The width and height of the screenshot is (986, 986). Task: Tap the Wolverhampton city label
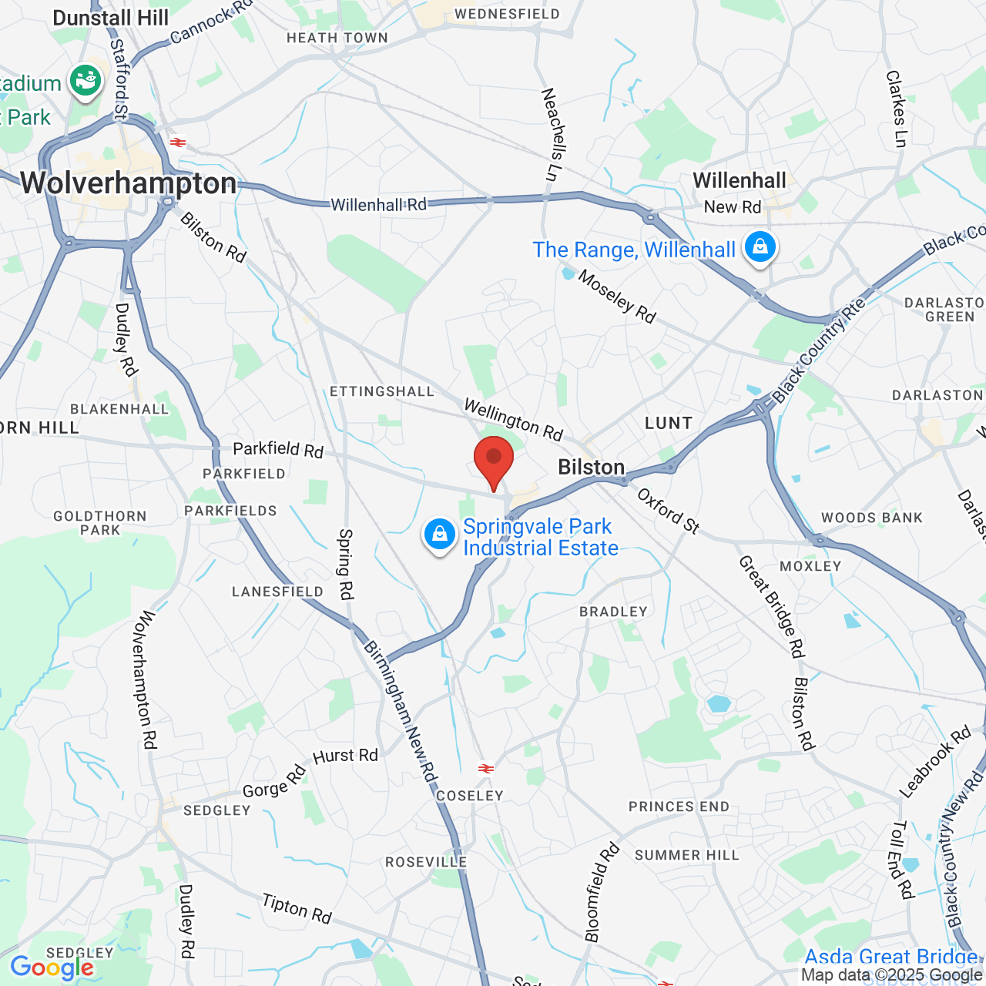click(x=128, y=183)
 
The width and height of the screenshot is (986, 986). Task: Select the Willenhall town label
click(x=739, y=180)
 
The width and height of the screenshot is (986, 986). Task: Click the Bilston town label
click(x=591, y=467)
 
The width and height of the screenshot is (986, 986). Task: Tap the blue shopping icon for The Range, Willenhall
click(x=760, y=247)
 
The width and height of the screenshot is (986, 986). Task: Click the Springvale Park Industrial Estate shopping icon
click(x=439, y=533)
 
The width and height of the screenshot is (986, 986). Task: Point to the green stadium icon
click(x=86, y=81)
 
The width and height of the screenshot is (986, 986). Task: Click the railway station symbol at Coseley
click(x=485, y=768)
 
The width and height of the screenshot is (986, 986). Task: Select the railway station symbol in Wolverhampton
click(x=178, y=143)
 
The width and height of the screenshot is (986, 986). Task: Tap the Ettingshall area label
click(x=382, y=391)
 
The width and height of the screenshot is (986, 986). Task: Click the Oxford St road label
click(x=668, y=511)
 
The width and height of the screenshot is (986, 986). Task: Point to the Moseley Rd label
click(x=617, y=297)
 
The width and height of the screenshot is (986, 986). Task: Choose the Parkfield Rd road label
click(x=278, y=449)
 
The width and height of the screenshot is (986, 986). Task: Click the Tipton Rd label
click(x=297, y=908)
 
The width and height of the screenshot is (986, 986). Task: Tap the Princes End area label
click(x=679, y=807)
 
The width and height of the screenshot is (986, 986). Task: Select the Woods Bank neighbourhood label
click(x=872, y=518)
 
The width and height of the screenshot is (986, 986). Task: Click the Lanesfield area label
click(x=277, y=592)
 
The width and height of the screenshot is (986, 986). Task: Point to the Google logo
click(x=52, y=968)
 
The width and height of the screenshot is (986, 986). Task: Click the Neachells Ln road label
click(x=552, y=135)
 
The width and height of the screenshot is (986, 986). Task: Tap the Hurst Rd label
click(x=346, y=756)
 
